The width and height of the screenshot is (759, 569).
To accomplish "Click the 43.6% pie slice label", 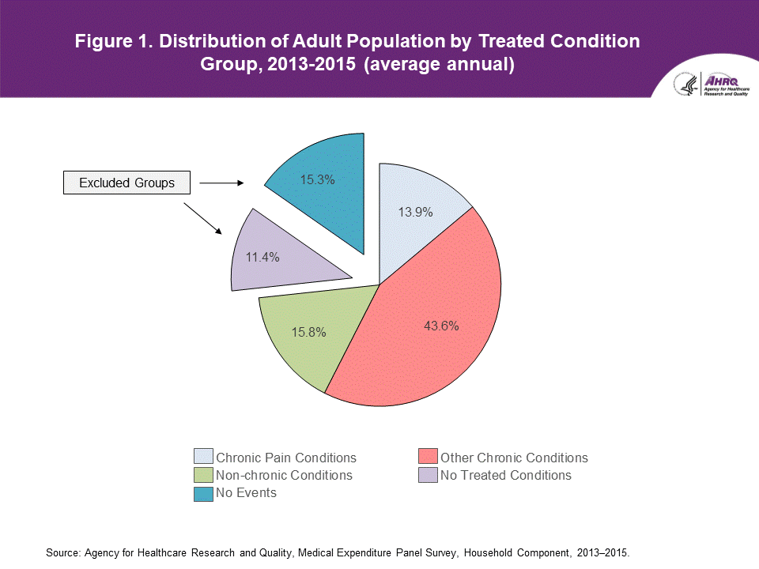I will click(x=440, y=325).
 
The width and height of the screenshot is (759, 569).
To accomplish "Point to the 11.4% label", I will click(x=262, y=257).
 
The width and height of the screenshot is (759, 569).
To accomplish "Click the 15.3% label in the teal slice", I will click(x=317, y=179).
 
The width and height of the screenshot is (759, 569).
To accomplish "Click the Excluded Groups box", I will click(x=127, y=183).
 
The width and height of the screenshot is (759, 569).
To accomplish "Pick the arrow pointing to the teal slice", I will click(x=223, y=183).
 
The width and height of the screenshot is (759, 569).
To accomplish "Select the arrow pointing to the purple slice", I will click(x=202, y=218).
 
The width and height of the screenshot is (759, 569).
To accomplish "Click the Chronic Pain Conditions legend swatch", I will click(x=203, y=457).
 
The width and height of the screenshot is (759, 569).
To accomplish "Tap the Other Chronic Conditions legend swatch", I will click(x=428, y=457).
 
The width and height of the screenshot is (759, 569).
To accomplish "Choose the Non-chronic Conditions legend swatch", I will click(x=203, y=475).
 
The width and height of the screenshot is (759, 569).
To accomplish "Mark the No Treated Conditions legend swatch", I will click(x=428, y=475).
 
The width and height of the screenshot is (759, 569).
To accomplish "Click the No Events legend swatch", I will click(x=203, y=493).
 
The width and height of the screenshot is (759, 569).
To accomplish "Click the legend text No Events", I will click(x=246, y=493).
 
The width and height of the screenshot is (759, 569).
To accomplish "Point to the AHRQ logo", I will click(x=704, y=83).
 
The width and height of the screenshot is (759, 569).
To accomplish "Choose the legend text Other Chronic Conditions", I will click(x=514, y=458).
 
